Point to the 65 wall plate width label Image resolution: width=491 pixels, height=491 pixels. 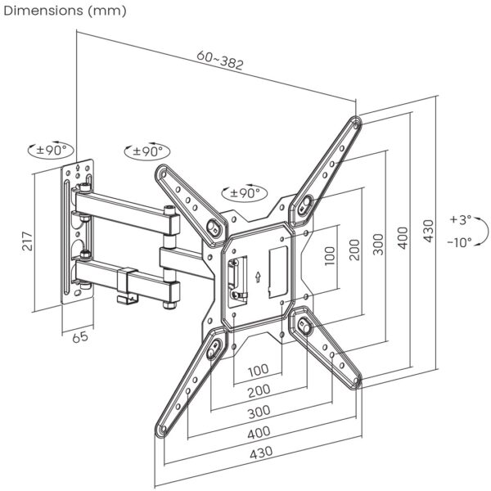[79, 336]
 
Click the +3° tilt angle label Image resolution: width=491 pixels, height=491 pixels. [460, 219]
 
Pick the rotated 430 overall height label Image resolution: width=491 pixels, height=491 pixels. [426, 232]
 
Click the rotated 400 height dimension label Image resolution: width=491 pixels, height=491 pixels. [401, 237]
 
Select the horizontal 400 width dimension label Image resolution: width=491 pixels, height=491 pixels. [259, 431]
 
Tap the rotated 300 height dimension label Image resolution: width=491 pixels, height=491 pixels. [378, 243]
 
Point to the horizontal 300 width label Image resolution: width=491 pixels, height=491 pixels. [259, 411]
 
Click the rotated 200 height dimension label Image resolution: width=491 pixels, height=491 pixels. [354, 248]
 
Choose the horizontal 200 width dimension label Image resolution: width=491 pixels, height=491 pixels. [259, 390]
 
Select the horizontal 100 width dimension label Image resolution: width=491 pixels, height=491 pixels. [259, 370]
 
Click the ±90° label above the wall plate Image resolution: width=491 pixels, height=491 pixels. [52, 151]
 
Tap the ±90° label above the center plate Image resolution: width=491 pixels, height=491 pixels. [244, 193]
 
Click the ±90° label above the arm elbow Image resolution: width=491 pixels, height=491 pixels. [147, 151]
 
